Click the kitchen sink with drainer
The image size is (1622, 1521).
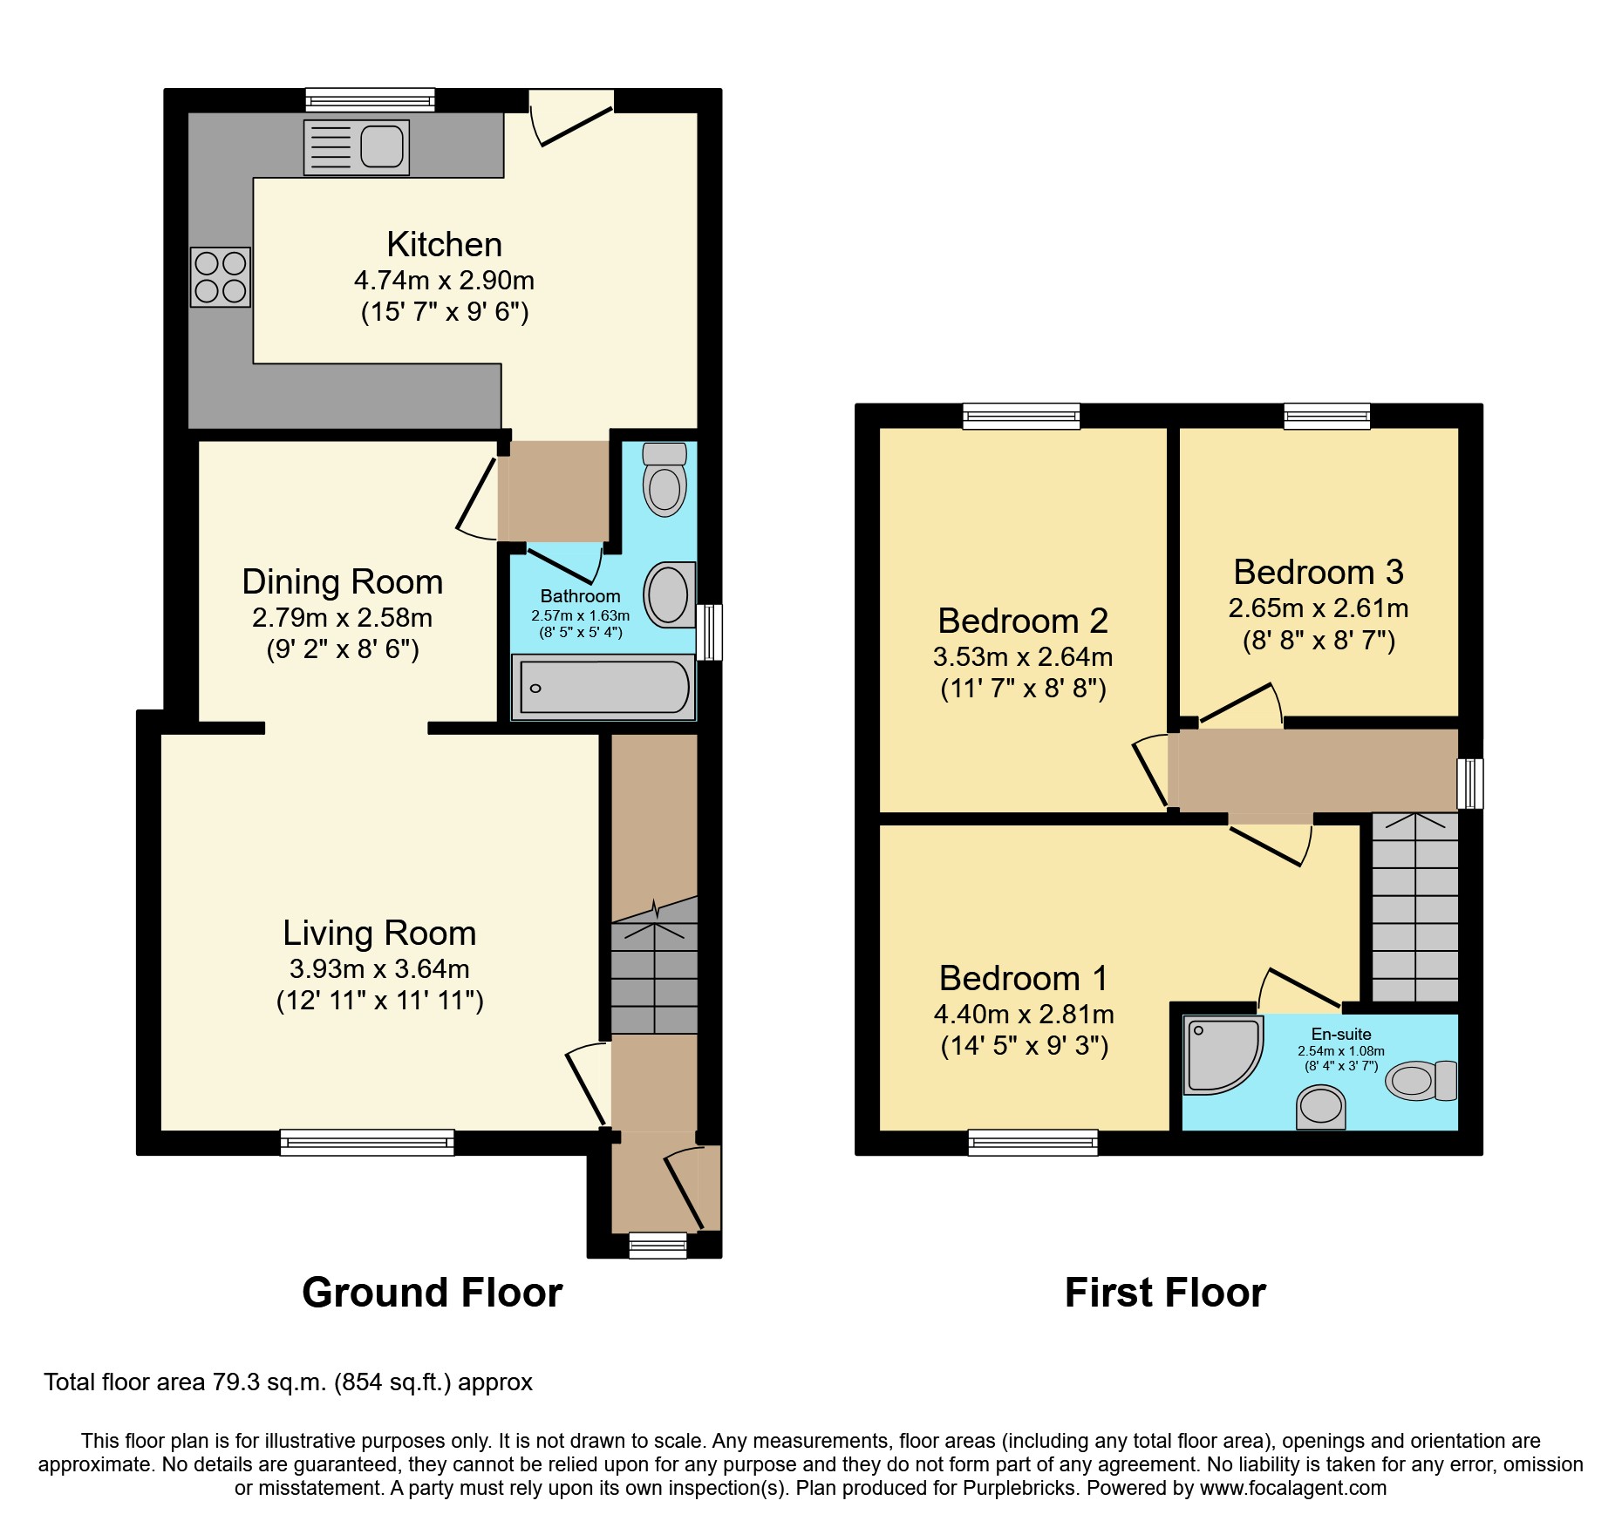(x=356, y=146)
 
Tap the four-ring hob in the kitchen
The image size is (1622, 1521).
(x=221, y=277)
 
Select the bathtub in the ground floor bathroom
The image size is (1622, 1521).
(x=603, y=689)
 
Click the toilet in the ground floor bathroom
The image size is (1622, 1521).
(x=664, y=479)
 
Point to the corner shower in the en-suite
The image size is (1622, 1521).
(x=1221, y=1053)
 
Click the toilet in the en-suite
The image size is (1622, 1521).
(x=1421, y=1081)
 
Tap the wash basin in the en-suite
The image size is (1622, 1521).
(x=1321, y=1107)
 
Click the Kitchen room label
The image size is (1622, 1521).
(x=444, y=245)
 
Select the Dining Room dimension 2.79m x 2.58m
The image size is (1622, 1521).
(x=342, y=618)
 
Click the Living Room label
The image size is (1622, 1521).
(x=379, y=934)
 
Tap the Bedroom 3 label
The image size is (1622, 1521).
(x=1318, y=573)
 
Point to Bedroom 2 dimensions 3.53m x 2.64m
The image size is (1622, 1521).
(x=1022, y=657)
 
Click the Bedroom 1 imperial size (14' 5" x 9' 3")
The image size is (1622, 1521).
(x=1024, y=1046)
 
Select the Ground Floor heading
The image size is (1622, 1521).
(x=432, y=1293)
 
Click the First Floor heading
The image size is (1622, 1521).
(x=1164, y=1293)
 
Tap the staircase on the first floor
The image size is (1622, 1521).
(x=1414, y=906)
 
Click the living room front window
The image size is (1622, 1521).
(x=367, y=1142)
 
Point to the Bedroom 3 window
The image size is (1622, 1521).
(x=1326, y=416)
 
